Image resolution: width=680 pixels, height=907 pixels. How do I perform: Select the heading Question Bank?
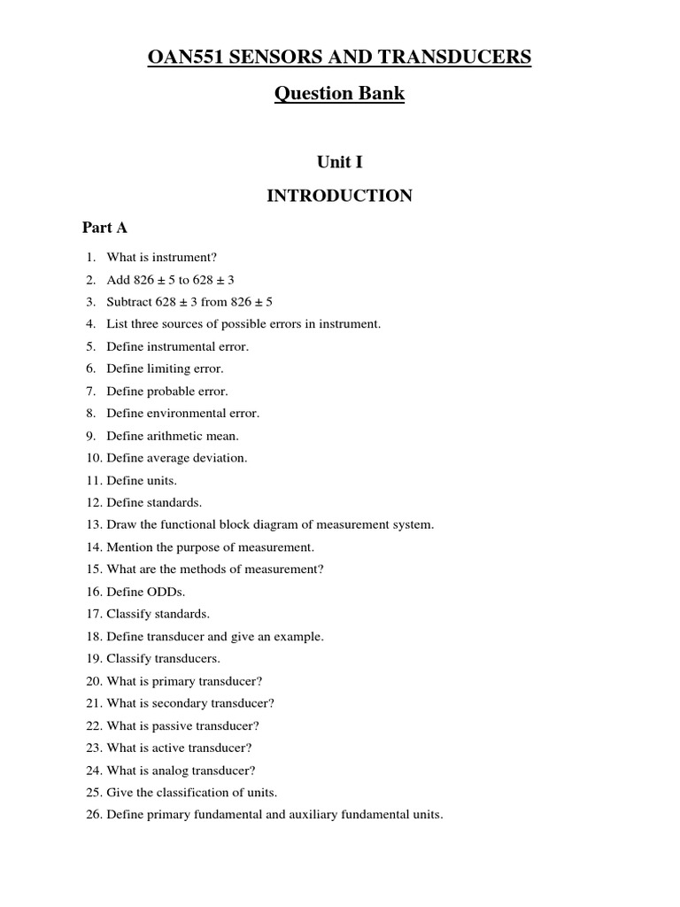tap(339, 94)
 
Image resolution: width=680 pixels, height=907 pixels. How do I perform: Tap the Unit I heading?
tap(339, 162)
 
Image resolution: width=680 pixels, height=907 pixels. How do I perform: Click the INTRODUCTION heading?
tap(339, 196)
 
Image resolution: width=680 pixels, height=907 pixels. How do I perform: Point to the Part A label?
tap(104, 228)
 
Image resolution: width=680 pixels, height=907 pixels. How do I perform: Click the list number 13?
tap(94, 524)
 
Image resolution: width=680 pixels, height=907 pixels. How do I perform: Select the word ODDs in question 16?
tap(164, 591)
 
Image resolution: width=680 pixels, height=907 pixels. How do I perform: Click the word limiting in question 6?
tap(168, 368)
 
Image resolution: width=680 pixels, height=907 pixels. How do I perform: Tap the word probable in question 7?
tap(170, 391)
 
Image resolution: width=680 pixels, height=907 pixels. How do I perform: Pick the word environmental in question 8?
tap(186, 413)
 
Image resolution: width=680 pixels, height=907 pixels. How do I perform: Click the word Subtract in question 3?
tap(129, 301)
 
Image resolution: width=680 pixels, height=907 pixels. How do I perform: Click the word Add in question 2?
tap(118, 279)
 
